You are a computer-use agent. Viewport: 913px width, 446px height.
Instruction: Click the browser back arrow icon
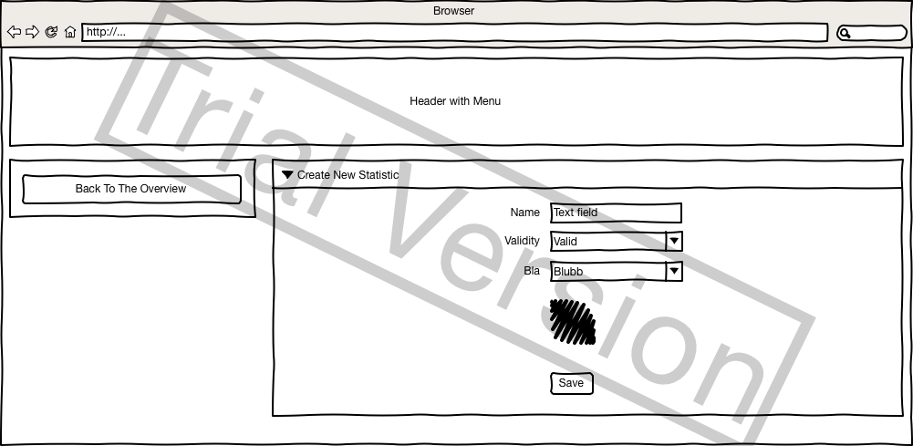(14, 32)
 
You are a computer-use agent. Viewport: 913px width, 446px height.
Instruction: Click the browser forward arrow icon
(32, 32)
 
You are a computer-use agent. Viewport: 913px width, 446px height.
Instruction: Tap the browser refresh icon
(51, 32)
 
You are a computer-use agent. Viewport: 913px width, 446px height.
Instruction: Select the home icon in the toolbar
(70, 32)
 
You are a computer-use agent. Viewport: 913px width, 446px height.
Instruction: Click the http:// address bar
(456, 32)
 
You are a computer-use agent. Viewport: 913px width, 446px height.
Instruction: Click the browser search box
(871, 33)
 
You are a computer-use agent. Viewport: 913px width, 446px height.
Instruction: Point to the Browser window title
(453, 11)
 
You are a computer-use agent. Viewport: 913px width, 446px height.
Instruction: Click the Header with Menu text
(455, 101)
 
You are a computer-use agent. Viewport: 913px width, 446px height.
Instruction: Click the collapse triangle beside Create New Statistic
(287, 174)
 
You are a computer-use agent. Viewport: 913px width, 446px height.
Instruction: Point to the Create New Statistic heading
(348, 174)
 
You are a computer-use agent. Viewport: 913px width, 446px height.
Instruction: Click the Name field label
(525, 213)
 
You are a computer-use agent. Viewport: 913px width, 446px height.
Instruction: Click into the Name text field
(616, 213)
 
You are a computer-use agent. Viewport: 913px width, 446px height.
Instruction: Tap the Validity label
(522, 241)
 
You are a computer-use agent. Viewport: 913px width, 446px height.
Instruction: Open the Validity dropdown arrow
(674, 241)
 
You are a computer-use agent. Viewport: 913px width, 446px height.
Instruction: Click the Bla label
(532, 271)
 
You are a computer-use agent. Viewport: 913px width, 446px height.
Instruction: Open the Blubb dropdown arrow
(674, 271)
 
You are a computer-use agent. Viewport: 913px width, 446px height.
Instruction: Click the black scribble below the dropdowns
(573, 322)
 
